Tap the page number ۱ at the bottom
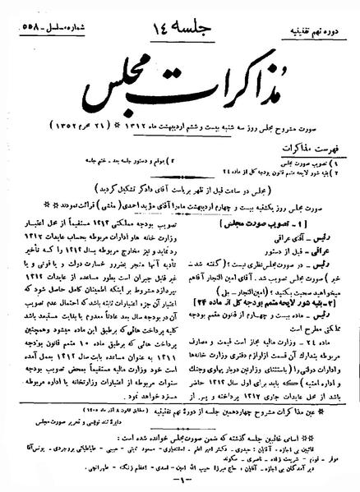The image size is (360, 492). click(x=179, y=485)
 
